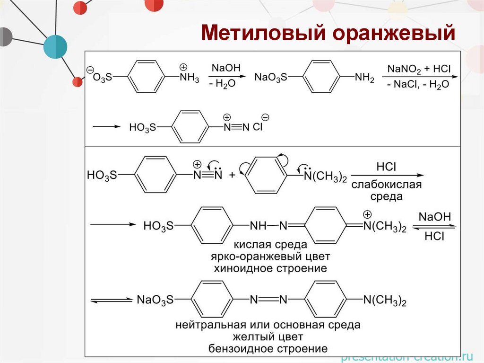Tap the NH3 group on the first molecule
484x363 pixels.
tap(189, 78)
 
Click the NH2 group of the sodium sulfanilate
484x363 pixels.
tap(364, 78)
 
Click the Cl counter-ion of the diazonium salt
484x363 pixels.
tap(258, 127)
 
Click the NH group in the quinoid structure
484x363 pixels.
tap(258, 226)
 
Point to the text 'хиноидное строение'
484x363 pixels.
tap(270, 269)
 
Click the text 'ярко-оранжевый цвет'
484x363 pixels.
tap(270, 257)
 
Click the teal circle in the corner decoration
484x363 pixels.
tap(55, 47)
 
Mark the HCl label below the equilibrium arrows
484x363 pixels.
tap(434, 237)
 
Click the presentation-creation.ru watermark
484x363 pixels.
tap(406, 357)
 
